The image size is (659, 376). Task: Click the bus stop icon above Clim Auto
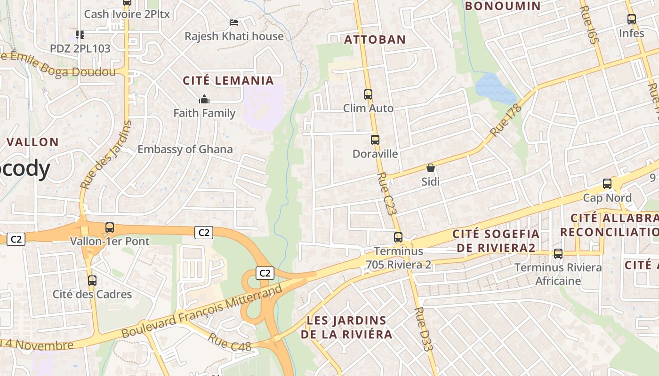tap(368, 94)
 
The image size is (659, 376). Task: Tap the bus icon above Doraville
tap(375, 140)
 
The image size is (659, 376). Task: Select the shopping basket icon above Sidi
tap(430, 168)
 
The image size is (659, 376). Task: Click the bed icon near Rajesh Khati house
tap(234, 22)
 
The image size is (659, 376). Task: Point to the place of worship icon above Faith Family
tap(204, 99)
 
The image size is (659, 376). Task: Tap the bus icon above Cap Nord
tap(607, 184)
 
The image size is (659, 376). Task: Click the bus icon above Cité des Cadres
tap(92, 281)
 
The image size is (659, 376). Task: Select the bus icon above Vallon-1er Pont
tap(110, 227)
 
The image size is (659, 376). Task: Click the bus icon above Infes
tap(632, 19)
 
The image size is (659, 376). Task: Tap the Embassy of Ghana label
tap(185, 149)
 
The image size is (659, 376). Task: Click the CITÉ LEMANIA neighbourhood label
tap(228, 80)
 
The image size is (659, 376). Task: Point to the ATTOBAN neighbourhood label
tap(375, 39)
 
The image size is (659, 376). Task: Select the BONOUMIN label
tap(503, 6)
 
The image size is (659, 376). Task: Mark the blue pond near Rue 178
tap(495, 88)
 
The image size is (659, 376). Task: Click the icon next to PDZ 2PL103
tap(80, 35)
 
